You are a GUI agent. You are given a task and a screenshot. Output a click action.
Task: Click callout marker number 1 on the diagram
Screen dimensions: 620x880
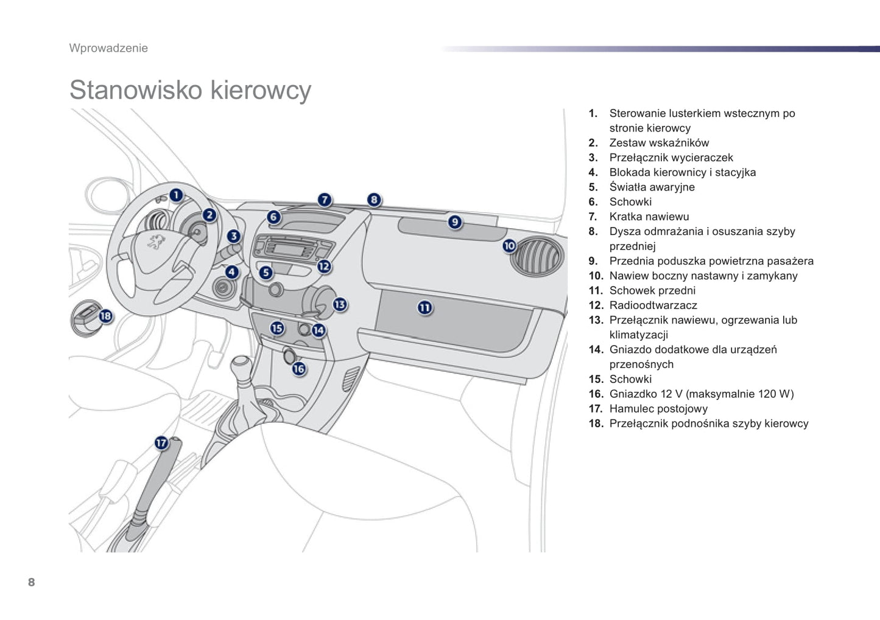point(176,195)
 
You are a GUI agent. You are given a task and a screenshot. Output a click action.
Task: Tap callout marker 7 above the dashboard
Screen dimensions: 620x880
point(325,200)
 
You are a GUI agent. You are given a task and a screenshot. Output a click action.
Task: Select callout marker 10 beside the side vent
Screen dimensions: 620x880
point(509,246)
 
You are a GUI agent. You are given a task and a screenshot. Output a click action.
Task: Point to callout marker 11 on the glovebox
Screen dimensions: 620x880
point(424,308)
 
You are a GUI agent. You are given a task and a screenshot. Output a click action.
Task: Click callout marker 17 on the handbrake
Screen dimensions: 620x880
point(161,442)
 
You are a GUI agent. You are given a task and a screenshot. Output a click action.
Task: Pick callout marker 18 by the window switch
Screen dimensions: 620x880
point(106,316)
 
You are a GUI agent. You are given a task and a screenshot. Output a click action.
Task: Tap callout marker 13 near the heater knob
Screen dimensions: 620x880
point(339,304)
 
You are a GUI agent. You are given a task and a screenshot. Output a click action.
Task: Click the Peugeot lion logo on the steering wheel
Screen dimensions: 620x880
point(156,242)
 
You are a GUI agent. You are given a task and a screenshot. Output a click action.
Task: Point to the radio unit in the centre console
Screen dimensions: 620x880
point(291,248)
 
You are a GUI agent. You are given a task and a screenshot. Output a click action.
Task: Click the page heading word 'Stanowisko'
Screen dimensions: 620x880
point(135,90)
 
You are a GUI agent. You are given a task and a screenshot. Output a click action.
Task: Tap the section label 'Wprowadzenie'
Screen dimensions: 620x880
point(108,48)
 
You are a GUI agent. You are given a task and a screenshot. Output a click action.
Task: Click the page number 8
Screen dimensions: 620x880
point(32,582)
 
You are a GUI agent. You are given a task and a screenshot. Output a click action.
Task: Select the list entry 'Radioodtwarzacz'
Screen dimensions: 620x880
point(653,305)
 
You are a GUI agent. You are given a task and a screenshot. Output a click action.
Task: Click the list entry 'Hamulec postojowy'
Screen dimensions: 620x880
point(658,409)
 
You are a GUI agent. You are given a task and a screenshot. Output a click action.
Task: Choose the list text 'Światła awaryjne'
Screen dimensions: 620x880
point(652,187)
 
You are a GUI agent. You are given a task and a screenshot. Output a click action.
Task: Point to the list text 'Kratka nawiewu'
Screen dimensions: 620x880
point(649,217)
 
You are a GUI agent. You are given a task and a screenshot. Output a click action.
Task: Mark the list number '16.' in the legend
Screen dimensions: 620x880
point(595,394)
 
